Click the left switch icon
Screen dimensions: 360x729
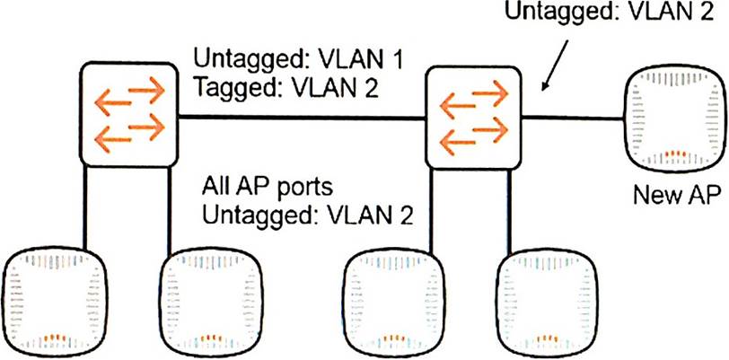coord(127,113)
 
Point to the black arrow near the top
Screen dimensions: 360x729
coord(555,70)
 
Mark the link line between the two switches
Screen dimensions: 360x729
coord(301,117)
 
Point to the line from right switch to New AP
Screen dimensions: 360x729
coord(571,115)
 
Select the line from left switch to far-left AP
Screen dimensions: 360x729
coord(85,211)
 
